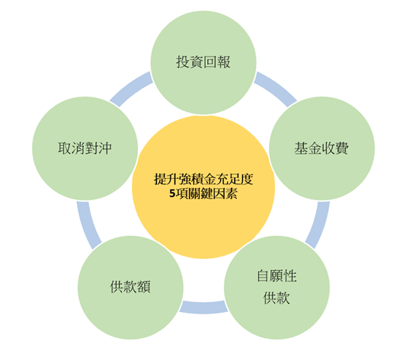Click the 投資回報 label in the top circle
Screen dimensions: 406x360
(x=203, y=62)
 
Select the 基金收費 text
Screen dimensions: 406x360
(x=321, y=148)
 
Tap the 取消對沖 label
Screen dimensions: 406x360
(x=85, y=148)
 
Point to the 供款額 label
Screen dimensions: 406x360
(x=130, y=287)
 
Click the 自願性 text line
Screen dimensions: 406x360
(x=277, y=276)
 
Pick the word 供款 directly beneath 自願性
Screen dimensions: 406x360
(x=277, y=298)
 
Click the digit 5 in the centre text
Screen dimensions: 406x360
(x=172, y=193)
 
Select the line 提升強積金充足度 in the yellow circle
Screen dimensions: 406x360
(x=203, y=179)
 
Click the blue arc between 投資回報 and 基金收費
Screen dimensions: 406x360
(x=277, y=88)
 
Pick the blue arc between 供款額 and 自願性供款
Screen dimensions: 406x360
(x=203, y=307)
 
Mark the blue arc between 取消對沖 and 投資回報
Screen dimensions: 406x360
(x=130, y=88)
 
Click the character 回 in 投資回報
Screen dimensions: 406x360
(x=210, y=62)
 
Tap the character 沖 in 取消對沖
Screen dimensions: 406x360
(x=105, y=148)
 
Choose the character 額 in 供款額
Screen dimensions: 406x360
(x=144, y=287)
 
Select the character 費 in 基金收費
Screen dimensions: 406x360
(x=342, y=148)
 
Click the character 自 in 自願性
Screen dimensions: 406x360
(x=263, y=276)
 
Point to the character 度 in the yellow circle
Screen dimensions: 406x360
(x=247, y=179)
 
